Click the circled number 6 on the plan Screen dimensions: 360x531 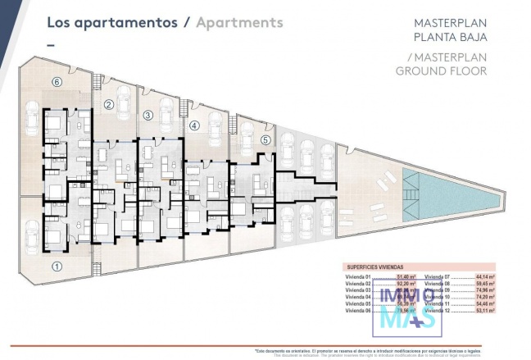pos(57,82)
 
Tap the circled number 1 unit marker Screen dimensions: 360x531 pos(57,266)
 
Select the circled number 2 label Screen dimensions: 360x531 pos(108,104)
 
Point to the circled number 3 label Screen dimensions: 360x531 pos(147,115)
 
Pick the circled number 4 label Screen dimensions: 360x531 pos(193,125)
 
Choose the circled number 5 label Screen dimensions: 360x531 pos(265,139)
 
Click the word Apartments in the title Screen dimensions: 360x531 pos(239,22)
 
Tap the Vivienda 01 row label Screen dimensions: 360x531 pos(359,276)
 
